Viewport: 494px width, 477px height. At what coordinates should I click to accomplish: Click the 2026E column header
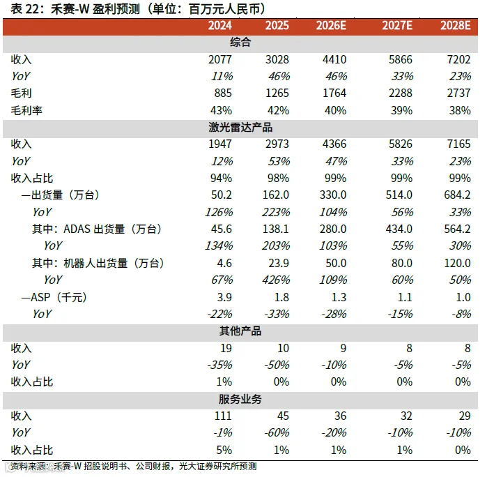(x=331, y=26)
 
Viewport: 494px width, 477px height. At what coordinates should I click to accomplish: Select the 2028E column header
(x=455, y=26)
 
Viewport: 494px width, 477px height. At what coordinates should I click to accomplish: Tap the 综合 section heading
(x=240, y=43)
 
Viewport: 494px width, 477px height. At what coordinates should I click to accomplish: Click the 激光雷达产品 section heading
(x=240, y=128)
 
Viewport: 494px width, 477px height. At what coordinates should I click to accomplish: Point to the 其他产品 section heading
(x=240, y=331)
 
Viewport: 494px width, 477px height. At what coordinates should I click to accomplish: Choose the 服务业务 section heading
(x=240, y=399)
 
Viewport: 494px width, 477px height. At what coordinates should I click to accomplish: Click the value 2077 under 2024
(x=220, y=59)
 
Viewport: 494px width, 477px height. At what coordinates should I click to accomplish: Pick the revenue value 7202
(x=458, y=59)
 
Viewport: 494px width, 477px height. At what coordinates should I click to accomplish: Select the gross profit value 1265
(x=277, y=93)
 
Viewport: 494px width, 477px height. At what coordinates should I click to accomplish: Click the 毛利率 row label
(x=26, y=110)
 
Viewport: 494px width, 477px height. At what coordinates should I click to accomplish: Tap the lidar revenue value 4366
(x=334, y=144)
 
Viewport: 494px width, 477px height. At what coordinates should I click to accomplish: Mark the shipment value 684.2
(x=457, y=195)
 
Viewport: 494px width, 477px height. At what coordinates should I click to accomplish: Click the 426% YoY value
(x=276, y=280)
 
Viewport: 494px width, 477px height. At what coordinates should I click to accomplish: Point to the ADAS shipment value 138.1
(x=276, y=229)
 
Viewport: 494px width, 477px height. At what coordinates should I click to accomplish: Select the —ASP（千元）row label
(x=54, y=297)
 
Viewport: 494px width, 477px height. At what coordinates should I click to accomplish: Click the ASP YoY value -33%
(x=277, y=314)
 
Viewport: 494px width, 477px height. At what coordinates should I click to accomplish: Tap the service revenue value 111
(x=223, y=416)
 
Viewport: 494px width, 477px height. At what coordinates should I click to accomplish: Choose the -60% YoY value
(x=277, y=432)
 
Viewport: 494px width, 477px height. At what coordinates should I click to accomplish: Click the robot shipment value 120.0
(x=457, y=263)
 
